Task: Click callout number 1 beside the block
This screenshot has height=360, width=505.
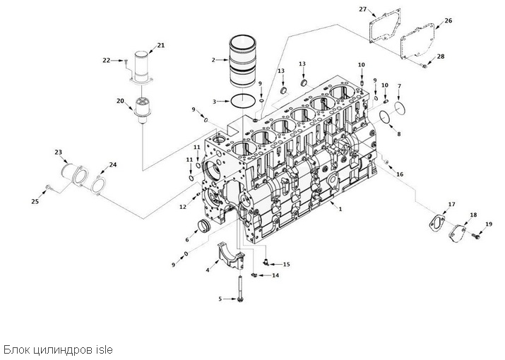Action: (x=340, y=209)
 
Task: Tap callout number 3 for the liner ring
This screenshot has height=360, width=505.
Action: (x=214, y=102)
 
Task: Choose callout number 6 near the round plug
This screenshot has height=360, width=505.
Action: (x=186, y=231)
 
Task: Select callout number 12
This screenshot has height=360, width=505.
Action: (x=182, y=207)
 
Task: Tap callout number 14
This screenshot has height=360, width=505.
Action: (x=275, y=275)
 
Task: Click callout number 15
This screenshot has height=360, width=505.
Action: (x=286, y=264)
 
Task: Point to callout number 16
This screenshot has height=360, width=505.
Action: (x=400, y=174)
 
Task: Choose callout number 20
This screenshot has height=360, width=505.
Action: (x=120, y=101)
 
